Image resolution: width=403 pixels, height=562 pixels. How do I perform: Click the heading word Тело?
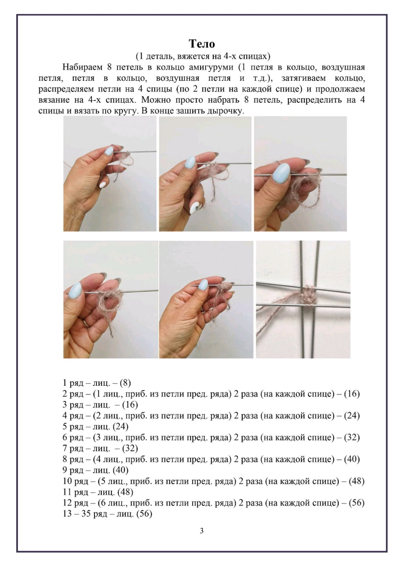point(201,44)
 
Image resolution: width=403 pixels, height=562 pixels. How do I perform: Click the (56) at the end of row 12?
point(356,503)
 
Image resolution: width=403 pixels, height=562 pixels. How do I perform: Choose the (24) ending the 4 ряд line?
point(351,416)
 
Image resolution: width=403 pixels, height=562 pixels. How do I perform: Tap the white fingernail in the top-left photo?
point(102,184)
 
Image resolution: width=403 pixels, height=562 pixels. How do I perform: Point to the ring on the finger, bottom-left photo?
point(86,322)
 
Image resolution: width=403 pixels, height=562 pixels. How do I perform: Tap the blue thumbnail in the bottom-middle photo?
point(203,285)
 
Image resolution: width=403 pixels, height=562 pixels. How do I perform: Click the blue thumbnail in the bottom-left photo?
point(76,289)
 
